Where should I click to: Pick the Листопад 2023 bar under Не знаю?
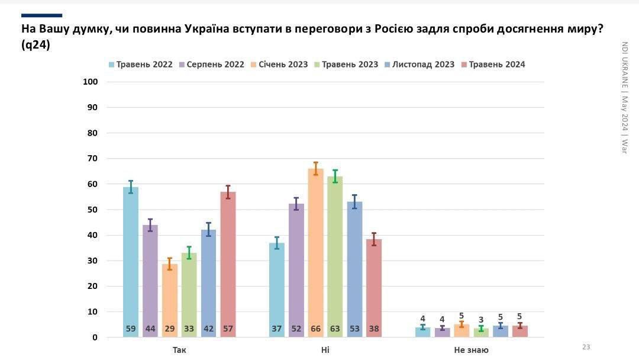[501, 332]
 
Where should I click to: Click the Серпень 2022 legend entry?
[211, 65]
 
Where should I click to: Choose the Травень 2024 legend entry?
[493, 65]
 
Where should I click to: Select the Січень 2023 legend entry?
[279, 65]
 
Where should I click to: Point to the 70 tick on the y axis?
[91, 158]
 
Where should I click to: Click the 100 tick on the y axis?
[89, 82]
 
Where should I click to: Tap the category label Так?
[179, 350]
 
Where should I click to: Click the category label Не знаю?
[471, 350]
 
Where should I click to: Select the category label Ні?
[325, 350]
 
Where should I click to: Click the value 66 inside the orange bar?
[315, 329]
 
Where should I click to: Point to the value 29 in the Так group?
[170, 329]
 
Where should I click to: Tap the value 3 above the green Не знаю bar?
[481, 320]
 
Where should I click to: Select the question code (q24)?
[36, 45]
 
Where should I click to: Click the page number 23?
[586, 347]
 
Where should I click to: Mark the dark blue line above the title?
[41, 15]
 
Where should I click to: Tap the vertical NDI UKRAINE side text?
[624, 65]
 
